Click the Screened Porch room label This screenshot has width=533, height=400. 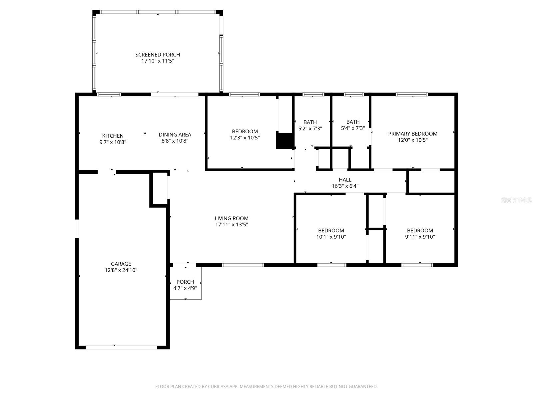158,55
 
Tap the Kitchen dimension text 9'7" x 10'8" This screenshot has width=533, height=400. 113,142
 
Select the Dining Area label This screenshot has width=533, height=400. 175,135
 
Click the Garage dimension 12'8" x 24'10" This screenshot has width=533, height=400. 121,270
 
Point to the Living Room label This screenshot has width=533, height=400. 232,219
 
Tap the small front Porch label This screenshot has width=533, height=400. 185,282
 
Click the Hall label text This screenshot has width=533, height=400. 345,180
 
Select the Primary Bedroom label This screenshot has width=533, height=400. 413,134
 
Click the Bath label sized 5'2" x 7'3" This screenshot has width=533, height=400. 310,122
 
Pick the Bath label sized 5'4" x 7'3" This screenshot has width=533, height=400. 353,122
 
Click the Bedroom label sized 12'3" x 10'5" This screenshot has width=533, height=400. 245,131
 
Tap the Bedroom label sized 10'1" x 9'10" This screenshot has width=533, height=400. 331,231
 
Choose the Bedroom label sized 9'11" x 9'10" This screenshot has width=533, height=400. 420,231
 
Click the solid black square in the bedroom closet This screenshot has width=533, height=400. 284,140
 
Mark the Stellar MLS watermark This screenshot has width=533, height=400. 516,200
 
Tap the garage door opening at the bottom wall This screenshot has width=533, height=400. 121,347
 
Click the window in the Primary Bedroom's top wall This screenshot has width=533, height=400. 412,95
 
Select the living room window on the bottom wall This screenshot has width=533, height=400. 243,265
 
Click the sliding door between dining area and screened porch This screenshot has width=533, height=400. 175,95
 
